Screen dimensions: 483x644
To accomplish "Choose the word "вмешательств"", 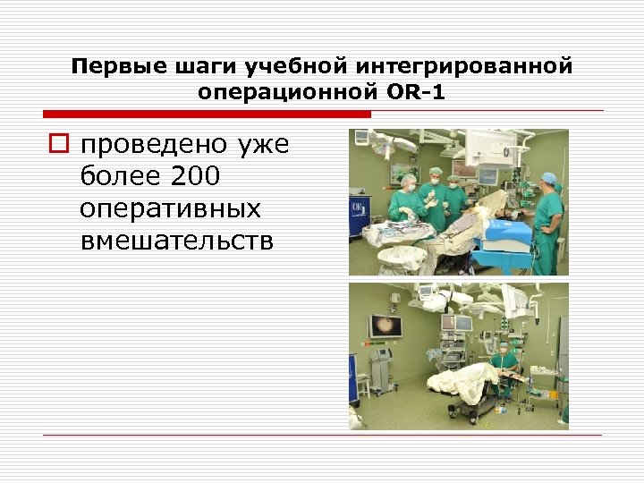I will tap(177, 239).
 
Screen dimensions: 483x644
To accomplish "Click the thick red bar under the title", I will tap(206, 114).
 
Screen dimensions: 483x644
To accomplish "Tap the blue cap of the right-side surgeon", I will tap(549, 178).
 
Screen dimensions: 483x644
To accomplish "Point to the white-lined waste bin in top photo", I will tap(402, 258).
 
